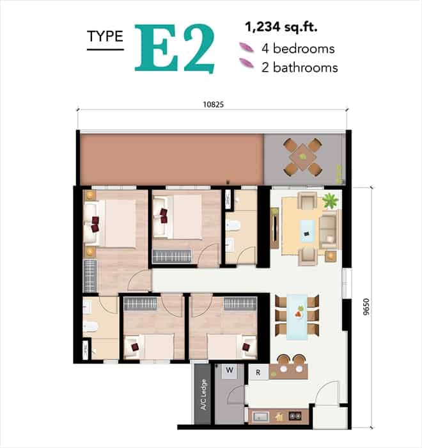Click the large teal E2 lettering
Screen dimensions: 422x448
pyautogui.click(x=175, y=48)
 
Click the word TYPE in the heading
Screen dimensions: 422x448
pyautogui.click(x=105, y=36)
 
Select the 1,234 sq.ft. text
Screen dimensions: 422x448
pyautogui.click(x=281, y=28)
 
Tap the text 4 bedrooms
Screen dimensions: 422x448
pyautogui.click(x=298, y=49)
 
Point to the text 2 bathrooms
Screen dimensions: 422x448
pyautogui.click(x=299, y=67)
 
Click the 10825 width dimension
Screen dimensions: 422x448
pyautogui.click(x=214, y=104)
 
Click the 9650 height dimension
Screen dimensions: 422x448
pyautogui.click(x=366, y=307)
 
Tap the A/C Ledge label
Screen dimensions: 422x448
pyautogui.click(x=203, y=395)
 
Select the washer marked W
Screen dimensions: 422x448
pyautogui.click(x=230, y=371)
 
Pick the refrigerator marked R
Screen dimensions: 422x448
pyautogui.click(x=258, y=372)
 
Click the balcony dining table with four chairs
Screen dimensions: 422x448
pyautogui.click(x=302, y=157)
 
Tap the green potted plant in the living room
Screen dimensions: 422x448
pyautogui.click(x=331, y=200)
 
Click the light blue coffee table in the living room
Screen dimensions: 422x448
pyautogui.click(x=307, y=230)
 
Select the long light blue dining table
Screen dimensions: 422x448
pyautogui.click(x=297, y=317)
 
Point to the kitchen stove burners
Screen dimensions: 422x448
pyautogui.click(x=295, y=416)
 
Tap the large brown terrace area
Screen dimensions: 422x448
pyautogui.click(x=171, y=159)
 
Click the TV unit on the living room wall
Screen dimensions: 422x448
pyautogui.click(x=274, y=228)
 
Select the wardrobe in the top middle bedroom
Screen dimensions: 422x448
pyautogui.click(x=172, y=256)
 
